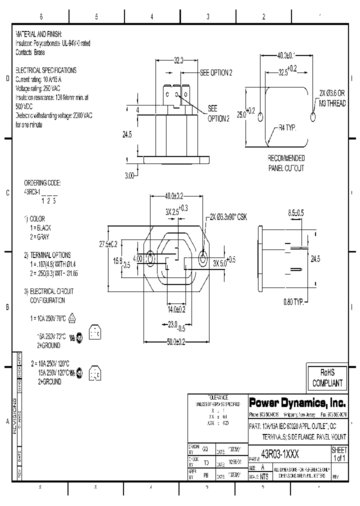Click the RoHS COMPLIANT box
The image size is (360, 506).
coord(327,378)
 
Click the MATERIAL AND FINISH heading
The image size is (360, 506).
coord(39,34)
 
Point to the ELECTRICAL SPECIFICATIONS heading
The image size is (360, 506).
coord(46,70)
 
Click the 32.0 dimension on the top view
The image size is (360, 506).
coord(178,59)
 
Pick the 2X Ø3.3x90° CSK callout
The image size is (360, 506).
coord(228,216)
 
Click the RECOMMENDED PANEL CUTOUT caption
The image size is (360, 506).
coord(286,163)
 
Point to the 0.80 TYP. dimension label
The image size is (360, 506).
coord(295,301)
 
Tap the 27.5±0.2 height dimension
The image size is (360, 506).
coord(108,244)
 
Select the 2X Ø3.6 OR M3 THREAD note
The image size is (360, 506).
coord(332,98)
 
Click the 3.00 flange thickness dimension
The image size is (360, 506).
coord(129,175)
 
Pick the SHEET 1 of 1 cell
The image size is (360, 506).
coord(339,454)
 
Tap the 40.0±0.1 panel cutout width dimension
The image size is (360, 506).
coord(286,55)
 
